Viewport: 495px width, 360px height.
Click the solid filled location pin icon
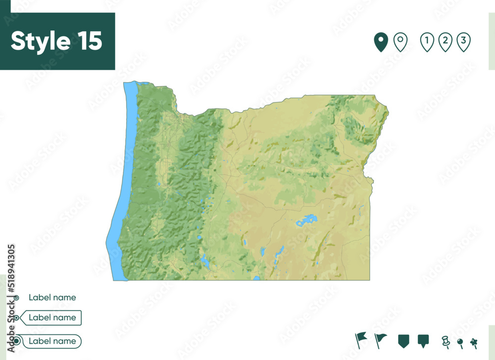pos(380,42)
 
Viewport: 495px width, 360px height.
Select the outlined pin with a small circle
pos(400,42)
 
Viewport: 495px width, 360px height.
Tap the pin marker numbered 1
pos(427,42)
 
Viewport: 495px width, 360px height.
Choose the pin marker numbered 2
pos(445,42)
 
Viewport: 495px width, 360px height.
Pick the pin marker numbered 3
pos(463,42)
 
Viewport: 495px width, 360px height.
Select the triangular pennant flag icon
pos(380,340)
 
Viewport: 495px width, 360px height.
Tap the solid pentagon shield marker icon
pos(404,341)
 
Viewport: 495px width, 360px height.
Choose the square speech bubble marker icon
pos(423,341)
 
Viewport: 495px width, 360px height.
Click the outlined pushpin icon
pos(445,341)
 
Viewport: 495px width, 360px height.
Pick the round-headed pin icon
pos(460,342)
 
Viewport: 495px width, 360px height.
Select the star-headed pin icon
pos(474,342)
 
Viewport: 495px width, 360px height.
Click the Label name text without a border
pos(52,298)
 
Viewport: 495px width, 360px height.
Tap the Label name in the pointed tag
pos(52,317)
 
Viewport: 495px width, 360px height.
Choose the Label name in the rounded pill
pos(52,341)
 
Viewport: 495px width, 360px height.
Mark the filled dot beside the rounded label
pos(16,341)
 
